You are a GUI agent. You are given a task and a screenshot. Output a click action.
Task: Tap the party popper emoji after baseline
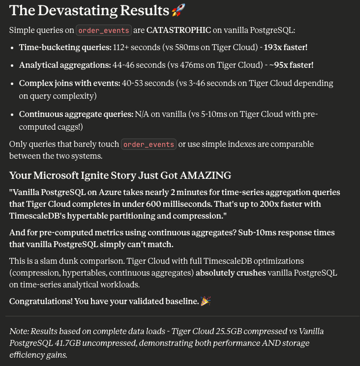click(x=206, y=301)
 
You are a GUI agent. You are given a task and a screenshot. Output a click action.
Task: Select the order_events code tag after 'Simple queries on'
click(x=103, y=30)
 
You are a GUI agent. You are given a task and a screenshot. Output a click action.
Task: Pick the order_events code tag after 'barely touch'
click(x=149, y=144)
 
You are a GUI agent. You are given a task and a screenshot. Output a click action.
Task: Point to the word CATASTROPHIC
click(x=179, y=30)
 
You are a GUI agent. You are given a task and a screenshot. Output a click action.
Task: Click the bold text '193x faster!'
click(x=286, y=48)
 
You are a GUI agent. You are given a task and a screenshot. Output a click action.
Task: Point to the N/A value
click(x=142, y=114)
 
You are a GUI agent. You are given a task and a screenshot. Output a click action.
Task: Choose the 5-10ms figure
click(x=207, y=114)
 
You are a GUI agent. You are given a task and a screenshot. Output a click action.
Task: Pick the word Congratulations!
click(x=40, y=301)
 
